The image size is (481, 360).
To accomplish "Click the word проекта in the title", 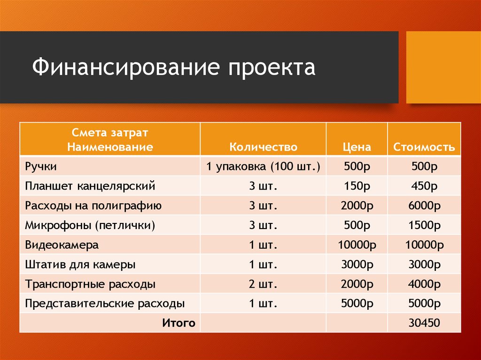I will (272, 67).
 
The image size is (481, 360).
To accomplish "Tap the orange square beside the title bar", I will (443, 67).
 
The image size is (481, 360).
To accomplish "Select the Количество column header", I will (263, 147).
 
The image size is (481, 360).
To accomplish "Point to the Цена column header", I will (357, 147).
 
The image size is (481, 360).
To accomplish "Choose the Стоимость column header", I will (424, 147).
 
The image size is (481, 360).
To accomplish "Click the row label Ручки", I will (41, 167).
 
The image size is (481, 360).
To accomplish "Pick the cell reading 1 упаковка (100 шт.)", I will (263, 167).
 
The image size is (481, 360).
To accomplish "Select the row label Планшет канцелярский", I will (90, 186).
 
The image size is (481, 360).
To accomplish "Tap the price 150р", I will (357, 186).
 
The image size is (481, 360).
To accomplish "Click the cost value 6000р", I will (424, 206).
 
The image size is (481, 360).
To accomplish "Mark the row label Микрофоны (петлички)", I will (90, 225).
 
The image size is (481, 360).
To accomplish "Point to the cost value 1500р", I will (424, 225).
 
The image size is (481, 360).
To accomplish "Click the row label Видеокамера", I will (62, 245).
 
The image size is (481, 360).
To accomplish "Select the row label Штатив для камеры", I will (80, 265).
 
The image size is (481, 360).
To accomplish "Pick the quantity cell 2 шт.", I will (263, 284).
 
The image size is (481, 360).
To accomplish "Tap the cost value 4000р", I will (424, 284).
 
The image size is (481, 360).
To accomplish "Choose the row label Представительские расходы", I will (105, 303).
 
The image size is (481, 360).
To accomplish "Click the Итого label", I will (178, 322).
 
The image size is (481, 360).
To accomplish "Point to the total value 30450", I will (424, 323).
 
